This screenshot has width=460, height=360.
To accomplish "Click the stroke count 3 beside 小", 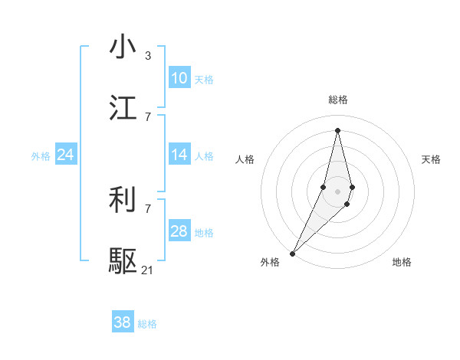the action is coord(147,56).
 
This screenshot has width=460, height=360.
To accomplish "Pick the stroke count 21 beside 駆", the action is coord(147,270).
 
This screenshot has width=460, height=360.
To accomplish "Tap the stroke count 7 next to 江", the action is coord(147,116).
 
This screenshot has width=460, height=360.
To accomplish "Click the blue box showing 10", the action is coord(179,78).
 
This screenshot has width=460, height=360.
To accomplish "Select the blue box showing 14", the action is coord(179,155).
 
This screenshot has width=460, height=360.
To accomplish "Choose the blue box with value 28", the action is coord(179,231).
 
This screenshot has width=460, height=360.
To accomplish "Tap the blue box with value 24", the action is coord(65,155).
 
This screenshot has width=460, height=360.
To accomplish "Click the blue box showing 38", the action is coord(122,322).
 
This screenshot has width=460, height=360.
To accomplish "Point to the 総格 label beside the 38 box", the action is coord(147,324).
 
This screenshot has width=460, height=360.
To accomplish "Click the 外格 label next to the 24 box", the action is coord(41,156).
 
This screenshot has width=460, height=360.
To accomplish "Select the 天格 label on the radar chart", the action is coord(431,159).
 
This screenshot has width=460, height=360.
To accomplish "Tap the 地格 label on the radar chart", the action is coord(402,262).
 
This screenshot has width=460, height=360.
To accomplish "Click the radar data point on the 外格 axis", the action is coord(292,253).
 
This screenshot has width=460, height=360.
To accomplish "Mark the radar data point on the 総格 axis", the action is coord(337,129).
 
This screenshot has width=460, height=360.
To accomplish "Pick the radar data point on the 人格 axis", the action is coord(324,188).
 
